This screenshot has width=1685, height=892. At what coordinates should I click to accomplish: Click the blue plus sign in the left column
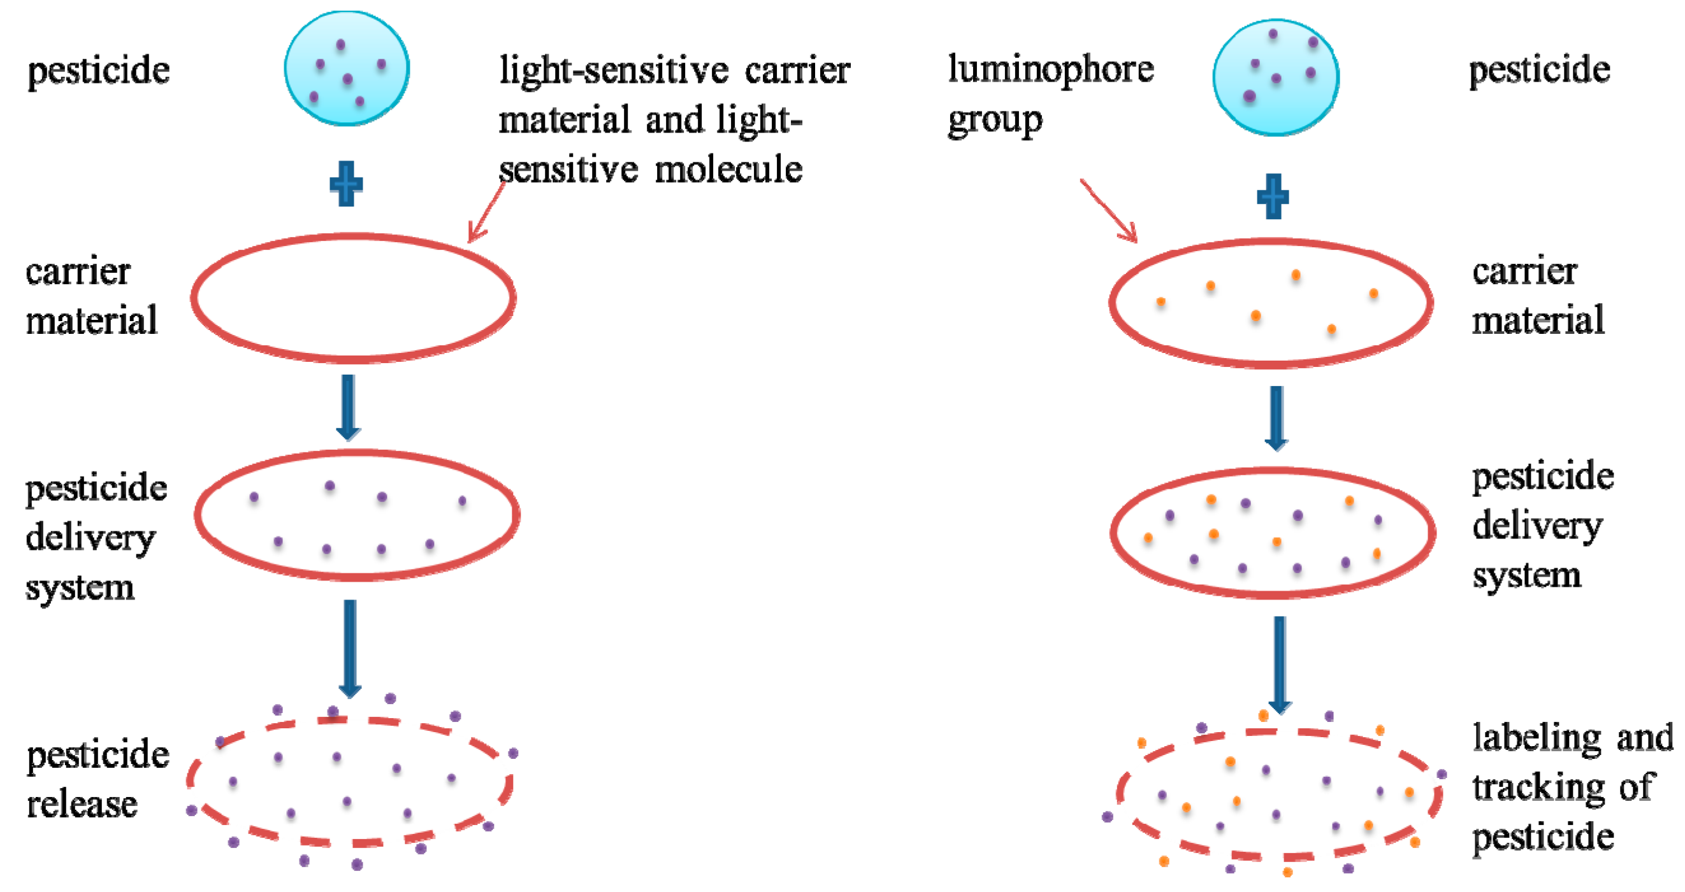346,183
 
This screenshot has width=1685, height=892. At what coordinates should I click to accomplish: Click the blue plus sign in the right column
1273,196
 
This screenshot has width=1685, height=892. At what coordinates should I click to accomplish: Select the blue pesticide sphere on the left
347,69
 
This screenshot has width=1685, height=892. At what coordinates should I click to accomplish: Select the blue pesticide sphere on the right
1275,77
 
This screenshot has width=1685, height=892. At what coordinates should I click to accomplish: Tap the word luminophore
1050,69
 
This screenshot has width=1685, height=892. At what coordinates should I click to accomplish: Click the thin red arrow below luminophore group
1110,210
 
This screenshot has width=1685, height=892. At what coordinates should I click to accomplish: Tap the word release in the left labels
82,804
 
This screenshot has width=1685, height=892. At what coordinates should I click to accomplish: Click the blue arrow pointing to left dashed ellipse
350,647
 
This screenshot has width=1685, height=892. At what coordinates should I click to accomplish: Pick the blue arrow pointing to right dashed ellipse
1280,664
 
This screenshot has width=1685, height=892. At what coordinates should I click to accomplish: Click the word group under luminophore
994,120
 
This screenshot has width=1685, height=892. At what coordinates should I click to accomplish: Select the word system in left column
80,587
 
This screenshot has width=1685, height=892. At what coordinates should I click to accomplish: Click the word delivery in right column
1537,526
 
